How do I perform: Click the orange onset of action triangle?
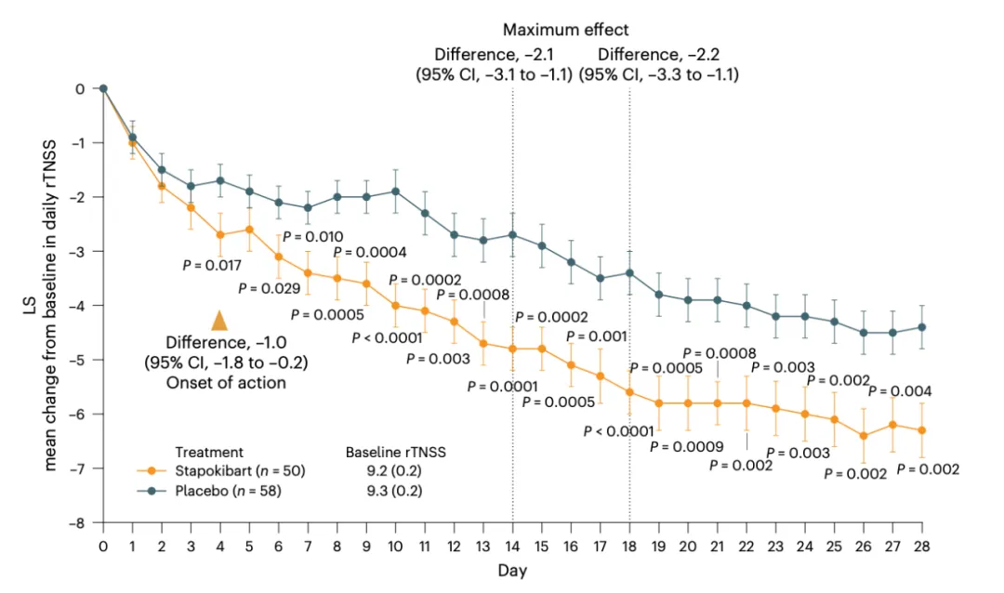click(x=219, y=321)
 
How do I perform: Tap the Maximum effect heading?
click(x=565, y=31)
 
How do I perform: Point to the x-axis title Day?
click(x=512, y=571)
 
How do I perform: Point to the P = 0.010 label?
click(x=312, y=236)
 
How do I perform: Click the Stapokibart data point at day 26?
click(x=864, y=436)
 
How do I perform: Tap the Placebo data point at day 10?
click(x=396, y=191)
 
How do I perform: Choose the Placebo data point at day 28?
click(x=921, y=327)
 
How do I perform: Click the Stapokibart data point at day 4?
click(x=220, y=235)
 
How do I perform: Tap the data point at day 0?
click(x=103, y=88)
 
